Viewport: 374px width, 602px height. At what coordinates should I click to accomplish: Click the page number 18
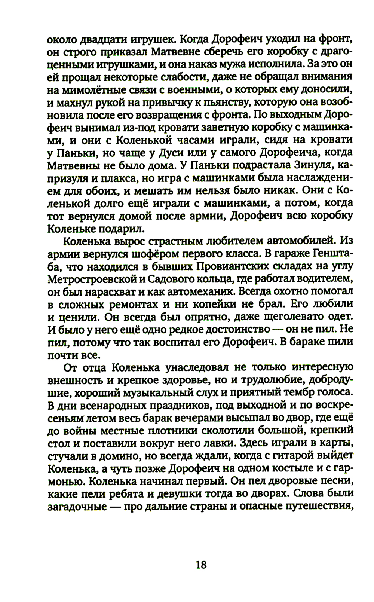201,564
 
